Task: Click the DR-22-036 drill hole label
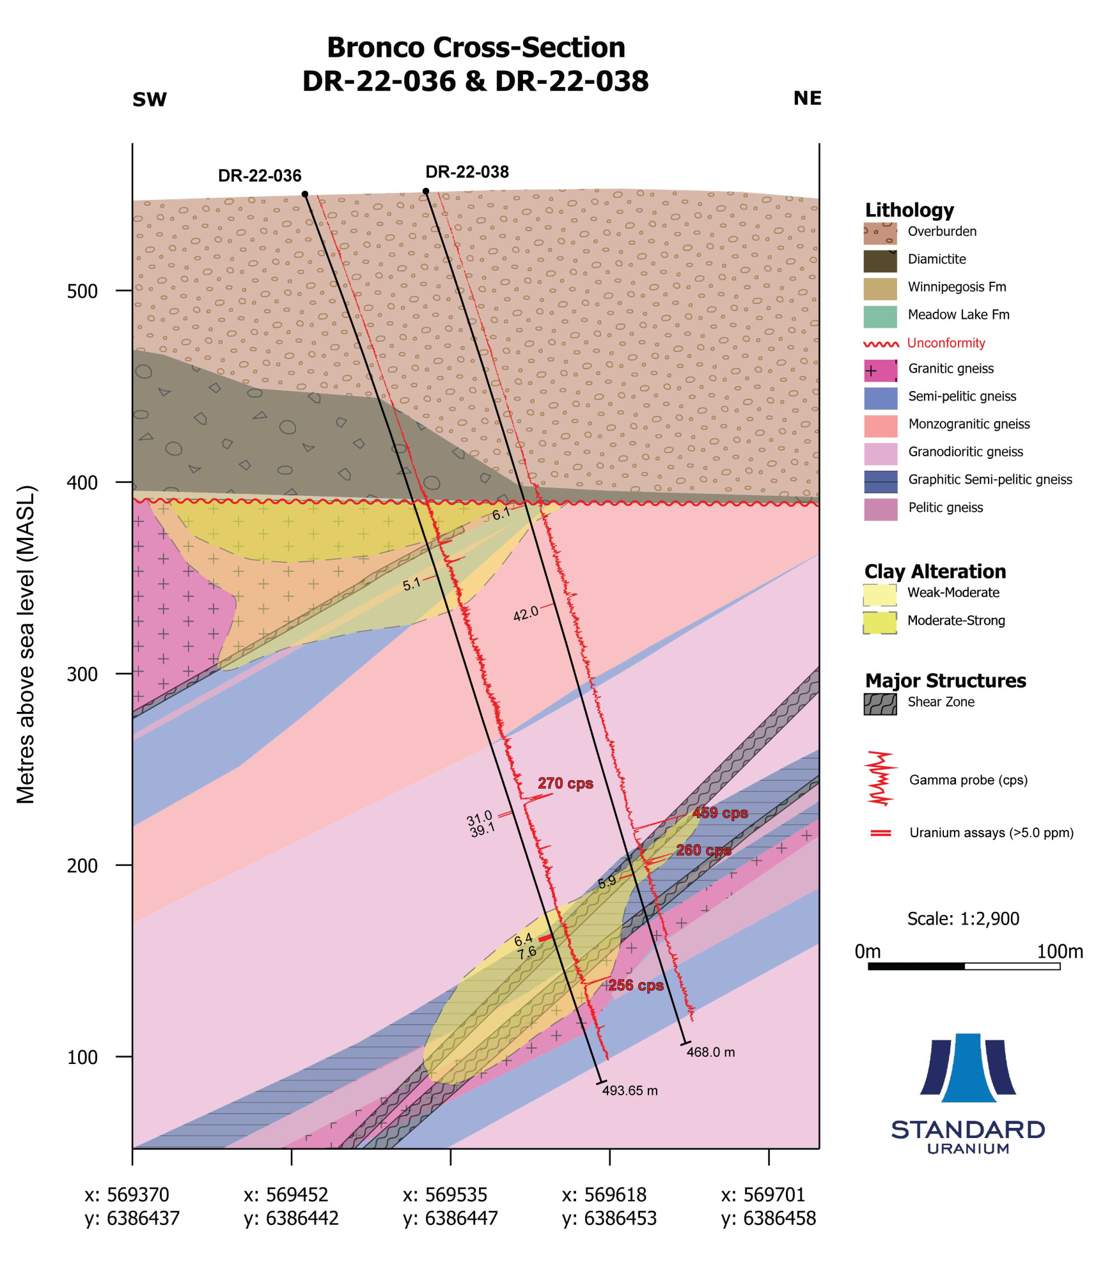[x=259, y=176]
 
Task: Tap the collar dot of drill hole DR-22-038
[x=426, y=191]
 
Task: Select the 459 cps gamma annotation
[x=720, y=813]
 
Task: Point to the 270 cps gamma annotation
[x=565, y=783]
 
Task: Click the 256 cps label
[x=636, y=985]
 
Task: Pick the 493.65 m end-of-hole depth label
[x=630, y=1091]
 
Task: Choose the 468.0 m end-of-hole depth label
[x=710, y=1052]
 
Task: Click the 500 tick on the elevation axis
[x=82, y=291]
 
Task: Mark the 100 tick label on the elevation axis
[x=82, y=1058]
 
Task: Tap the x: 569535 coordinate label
[x=445, y=1195]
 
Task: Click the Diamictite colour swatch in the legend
[x=880, y=261]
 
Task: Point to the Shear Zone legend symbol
[x=880, y=704]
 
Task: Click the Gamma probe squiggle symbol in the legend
[x=880, y=779]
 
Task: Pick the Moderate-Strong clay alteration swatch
[x=880, y=622]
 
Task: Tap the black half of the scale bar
[x=916, y=966]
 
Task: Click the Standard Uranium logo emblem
[x=967, y=1068]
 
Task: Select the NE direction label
[x=807, y=98]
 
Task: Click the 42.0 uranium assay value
[x=526, y=614]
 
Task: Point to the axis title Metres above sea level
[x=26, y=644]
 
